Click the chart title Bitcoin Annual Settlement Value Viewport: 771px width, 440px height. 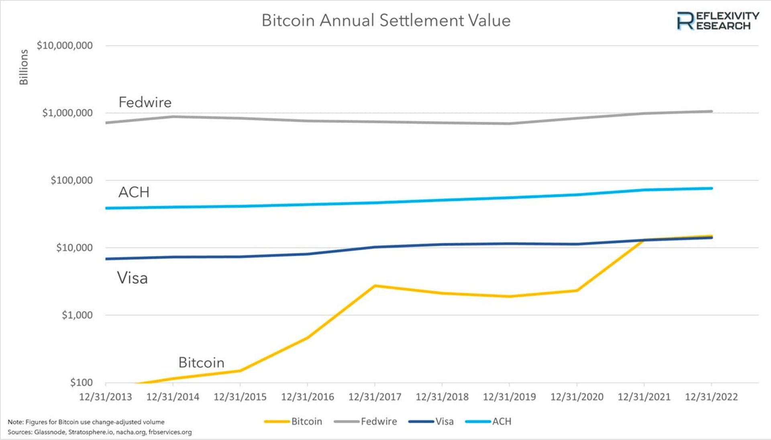click(x=386, y=20)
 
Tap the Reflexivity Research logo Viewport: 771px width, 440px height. click(x=718, y=21)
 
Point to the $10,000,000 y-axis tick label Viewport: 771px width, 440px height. click(x=65, y=45)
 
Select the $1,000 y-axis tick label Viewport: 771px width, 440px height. click(x=77, y=315)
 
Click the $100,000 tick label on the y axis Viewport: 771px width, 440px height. click(x=71, y=180)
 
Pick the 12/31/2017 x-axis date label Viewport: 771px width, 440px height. click(x=375, y=397)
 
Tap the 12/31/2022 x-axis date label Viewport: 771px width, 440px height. click(x=711, y=397)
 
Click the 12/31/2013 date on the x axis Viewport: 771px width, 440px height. click(x=106, y=397)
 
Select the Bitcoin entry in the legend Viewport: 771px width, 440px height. click(x=306, y=422)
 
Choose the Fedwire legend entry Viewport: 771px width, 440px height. click(x=378, y=422)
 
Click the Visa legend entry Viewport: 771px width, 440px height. click(x=444, y=422)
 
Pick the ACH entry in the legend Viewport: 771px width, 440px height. click(x=502, y=422)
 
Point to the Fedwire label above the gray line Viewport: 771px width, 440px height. click(x=145, y=102)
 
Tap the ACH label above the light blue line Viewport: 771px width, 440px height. click(x=134, y=192)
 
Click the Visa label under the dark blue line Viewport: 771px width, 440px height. click(x=133, y=278)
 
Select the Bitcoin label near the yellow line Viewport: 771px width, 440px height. click(x=201, y=363)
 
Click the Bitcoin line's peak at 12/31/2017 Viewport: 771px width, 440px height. click(x=375, y=286)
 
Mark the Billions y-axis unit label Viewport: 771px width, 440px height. click(x=24, y=67)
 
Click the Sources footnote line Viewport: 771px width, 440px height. click(x=100, y=432)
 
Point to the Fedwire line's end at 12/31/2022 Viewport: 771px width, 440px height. click(x=711, y=111)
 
